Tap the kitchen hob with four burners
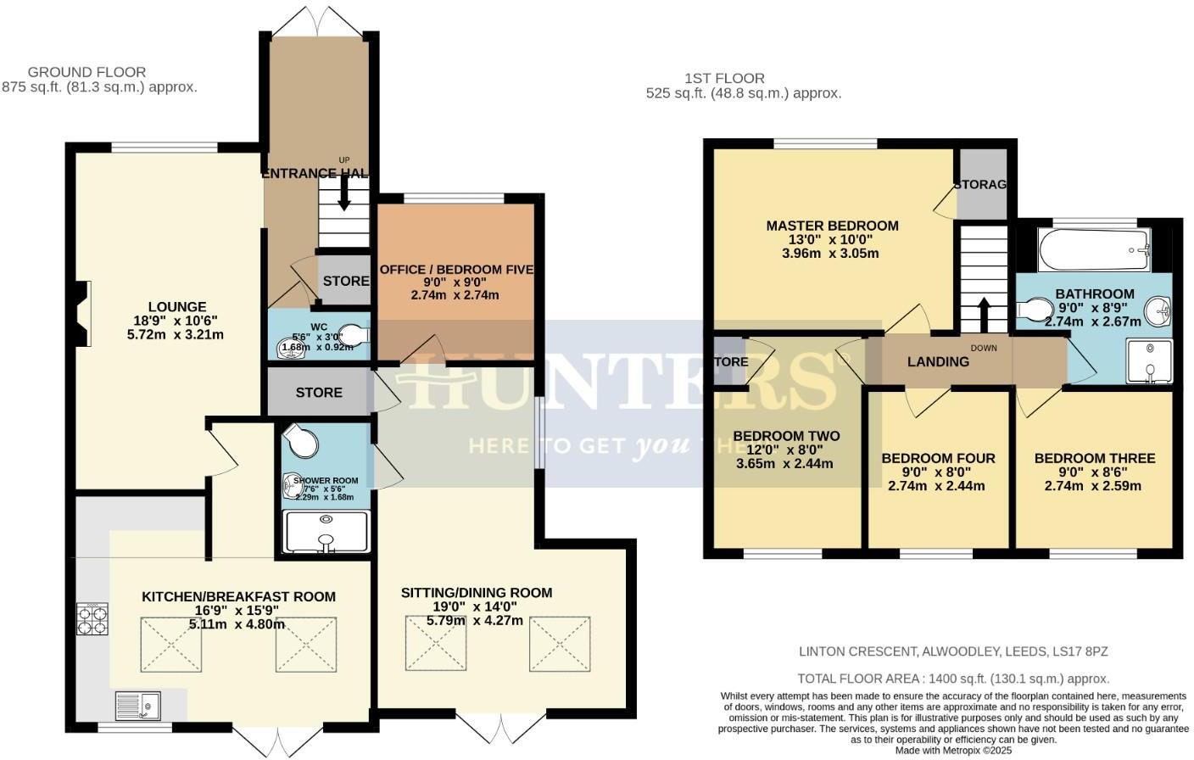coord(93,619)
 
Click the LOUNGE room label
coord(177,307)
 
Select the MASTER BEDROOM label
coord(832,226)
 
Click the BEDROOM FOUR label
coord(938,458)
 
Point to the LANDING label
coord(938,361)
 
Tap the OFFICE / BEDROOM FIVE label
coord(456,270)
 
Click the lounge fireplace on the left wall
coord(82,314)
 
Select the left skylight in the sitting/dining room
coord(435,642)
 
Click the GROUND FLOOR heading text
coord(86,72)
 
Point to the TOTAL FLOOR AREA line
coord(953,679)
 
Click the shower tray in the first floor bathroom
coord(1149,362)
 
